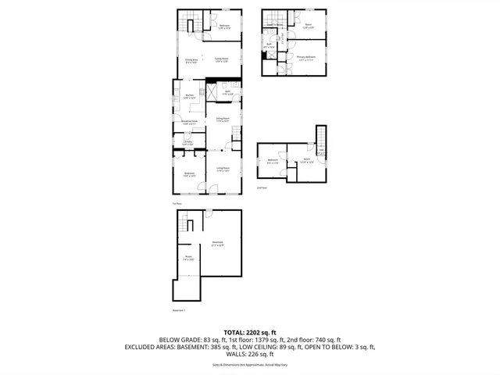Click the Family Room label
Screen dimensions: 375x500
[x=221, y=59]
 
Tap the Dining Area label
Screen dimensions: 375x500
[x=191, y=60]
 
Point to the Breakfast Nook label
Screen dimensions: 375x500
[x=189, y=122]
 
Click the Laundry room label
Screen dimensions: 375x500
[x=187, y=143]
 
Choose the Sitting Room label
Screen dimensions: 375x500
[x=222, y=120]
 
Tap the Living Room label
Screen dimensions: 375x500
[x=222, y=169]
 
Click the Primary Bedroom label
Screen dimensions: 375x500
[x=305, y=58]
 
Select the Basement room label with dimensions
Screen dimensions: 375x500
[x=218, y=243]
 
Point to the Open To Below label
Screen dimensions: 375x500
[x=274, y=25]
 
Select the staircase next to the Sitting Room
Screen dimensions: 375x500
[x=235, y=139]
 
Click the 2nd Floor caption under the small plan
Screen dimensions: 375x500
[x=262, y=187]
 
